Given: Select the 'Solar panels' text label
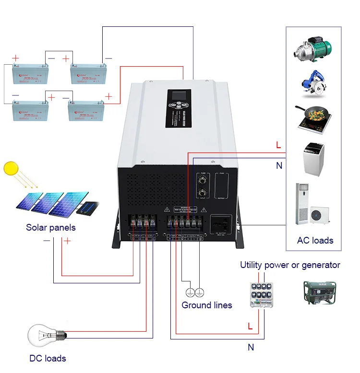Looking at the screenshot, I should click(51, 227).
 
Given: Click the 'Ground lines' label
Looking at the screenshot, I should click(206, 305).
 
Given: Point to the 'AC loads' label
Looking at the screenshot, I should click(315, 240).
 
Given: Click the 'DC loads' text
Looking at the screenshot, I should click(48, 358).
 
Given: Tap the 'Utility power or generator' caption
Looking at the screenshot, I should click(290, 265).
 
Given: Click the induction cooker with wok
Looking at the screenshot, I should click(314, 119).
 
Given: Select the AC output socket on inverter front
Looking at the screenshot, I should click(221, 224).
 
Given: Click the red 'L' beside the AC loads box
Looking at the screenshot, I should click(278, 144).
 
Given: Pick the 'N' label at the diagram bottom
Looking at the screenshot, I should click(251, 347).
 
